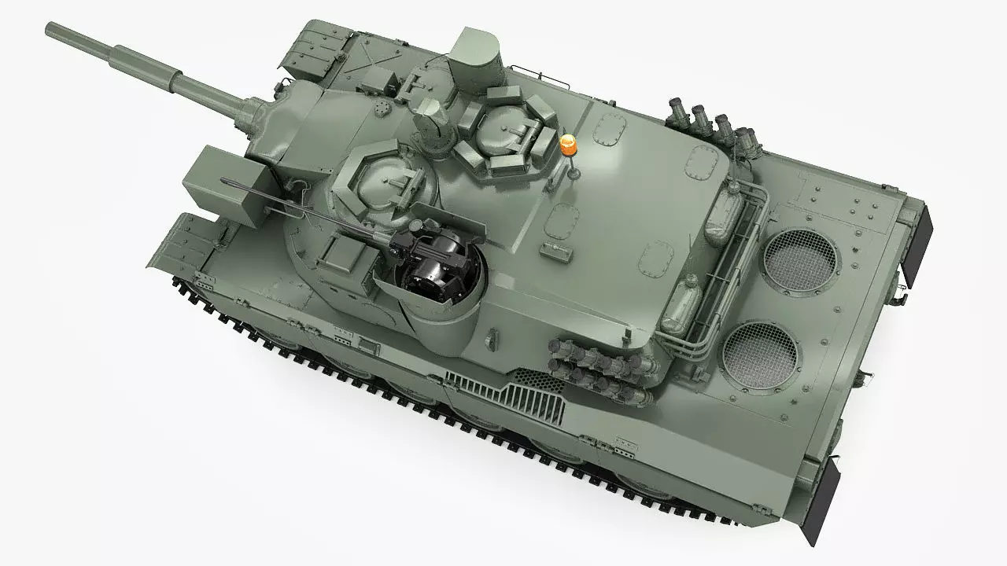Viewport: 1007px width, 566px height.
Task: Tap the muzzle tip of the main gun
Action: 52,30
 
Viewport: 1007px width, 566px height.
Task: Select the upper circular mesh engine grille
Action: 799,262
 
